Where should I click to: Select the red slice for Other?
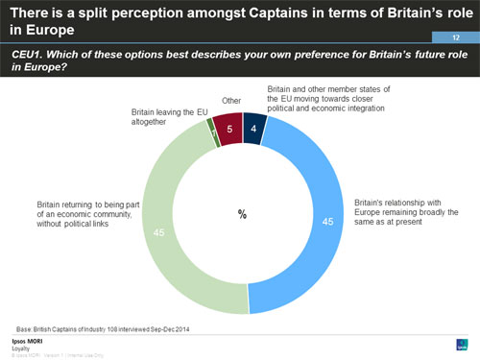pyautogui.click(x=228, y=128)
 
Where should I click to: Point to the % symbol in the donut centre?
pyautogui.click(x=242, y=214)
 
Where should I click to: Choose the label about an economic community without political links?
pyautogui.click(x=86, y=214)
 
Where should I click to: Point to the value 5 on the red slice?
pyautogui.click(x=228, y=128)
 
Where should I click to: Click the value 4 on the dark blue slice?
pyautogui.click(x=252, y=129)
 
